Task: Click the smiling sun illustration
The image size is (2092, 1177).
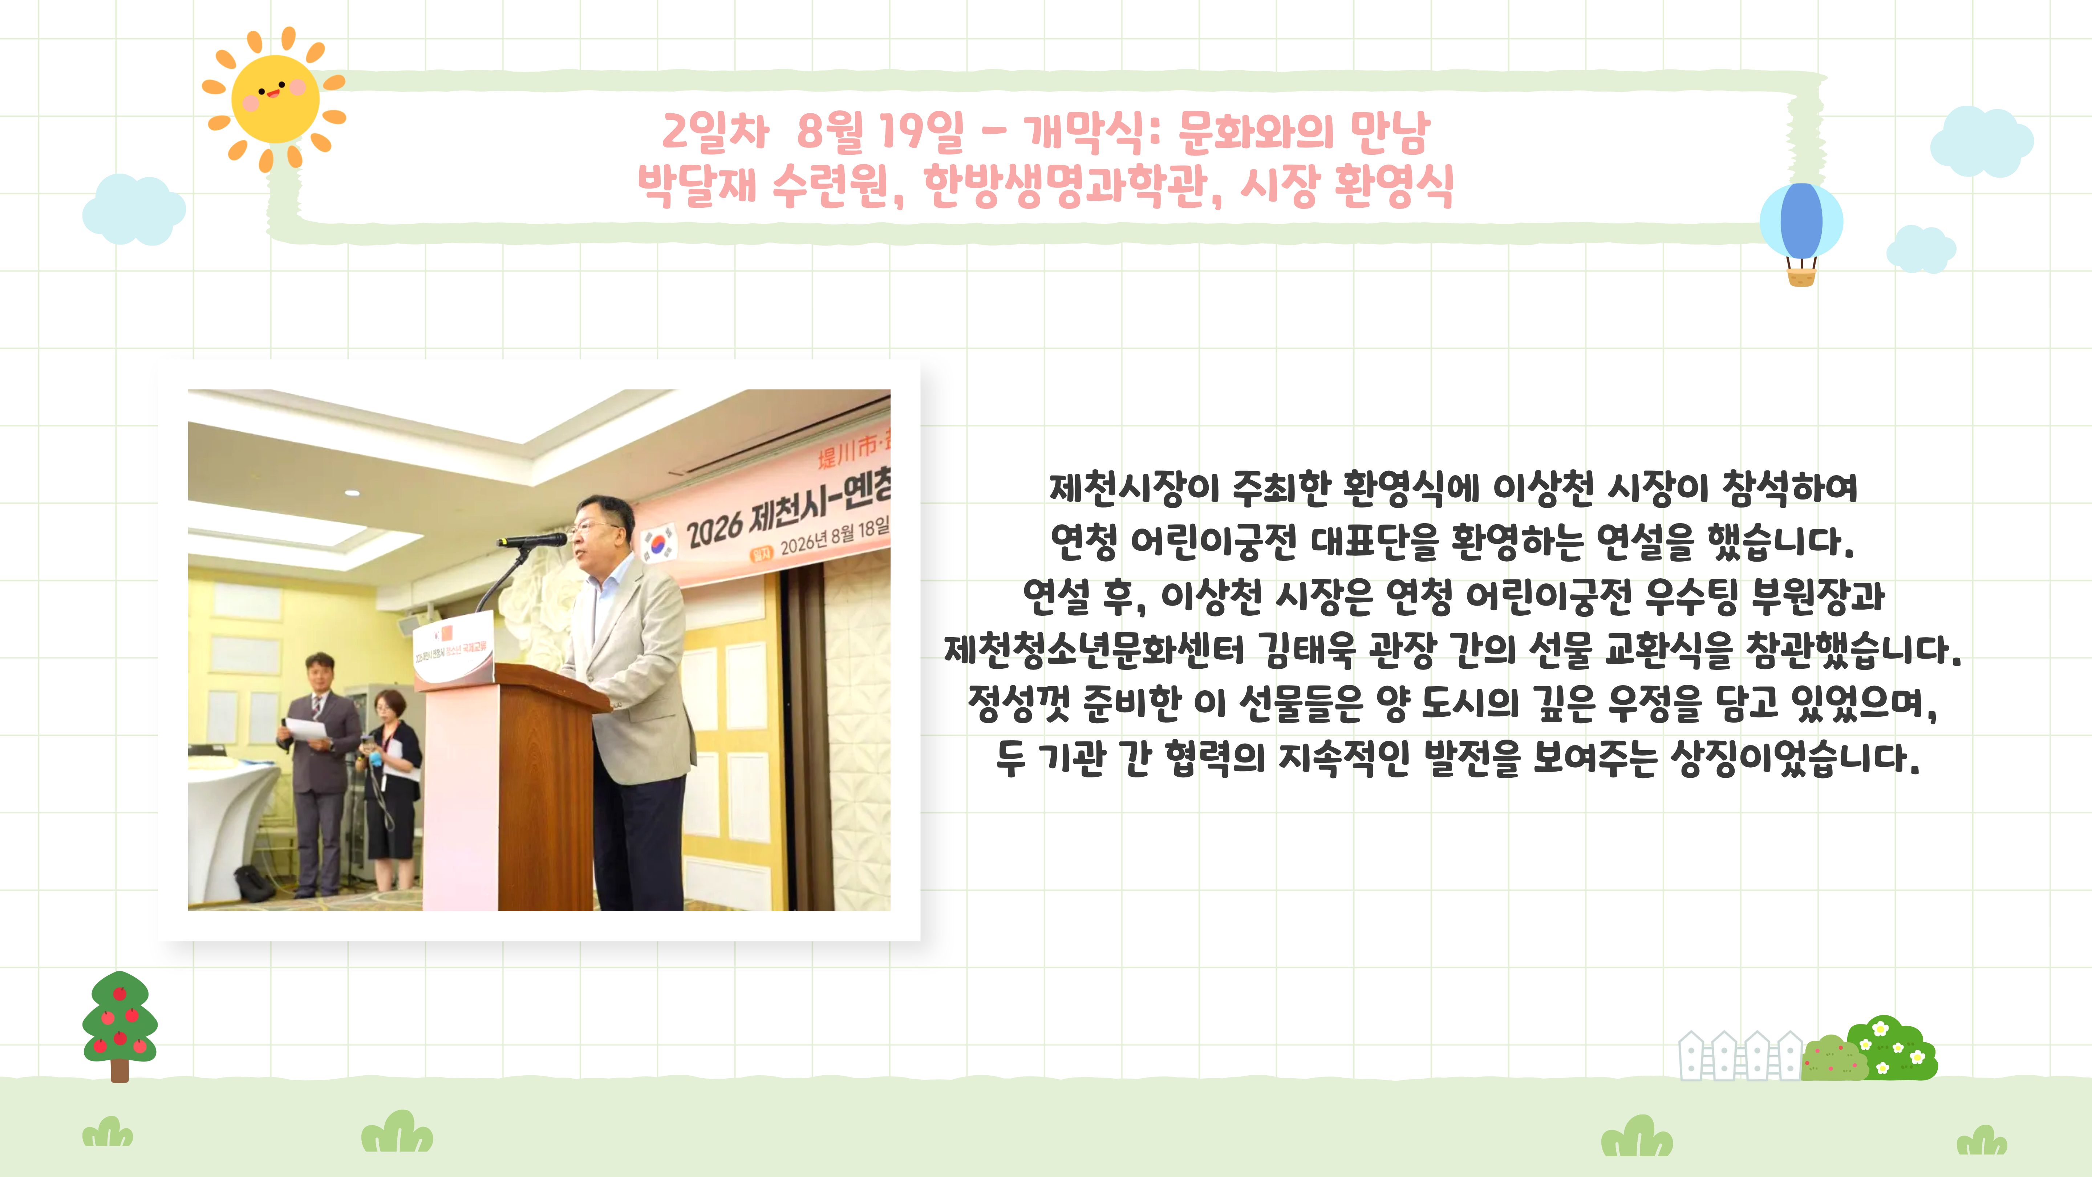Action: [275, 99]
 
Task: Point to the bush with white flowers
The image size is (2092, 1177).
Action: [1892, 1048]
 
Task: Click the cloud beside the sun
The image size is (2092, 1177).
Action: [134, 210]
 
